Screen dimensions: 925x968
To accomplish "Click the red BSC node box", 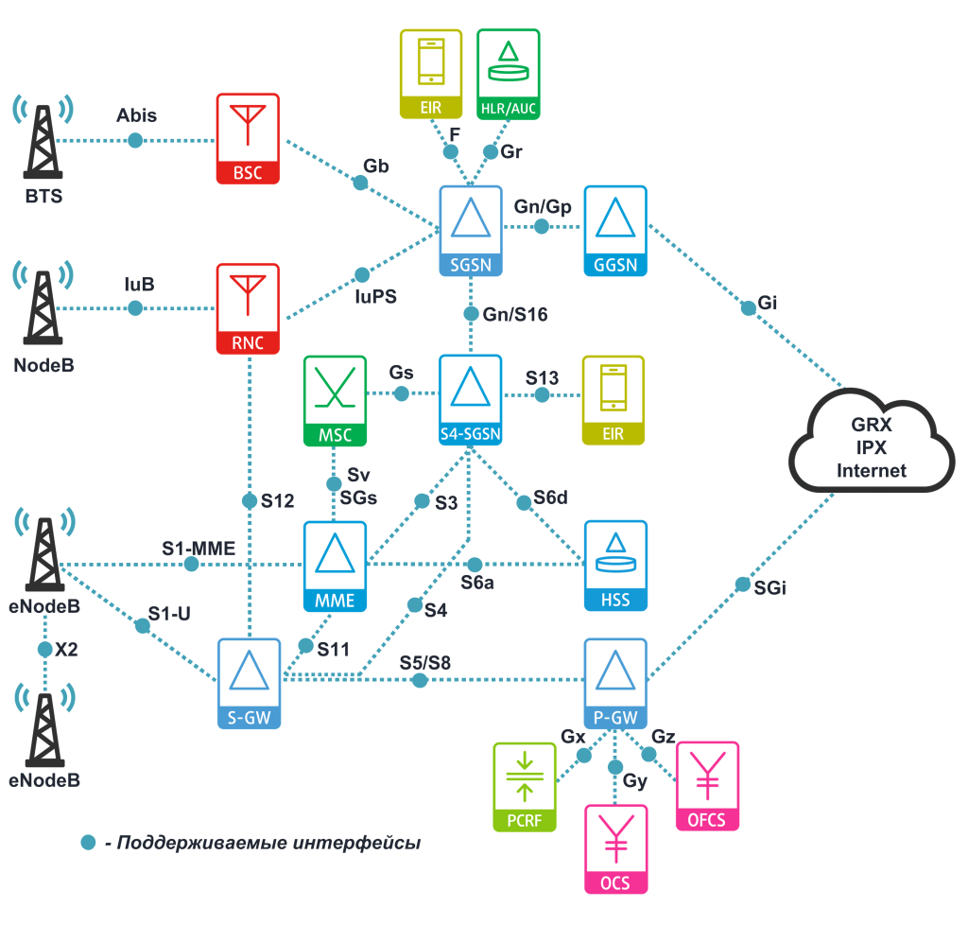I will [248, 138].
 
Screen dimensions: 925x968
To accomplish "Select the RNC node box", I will [248, 308].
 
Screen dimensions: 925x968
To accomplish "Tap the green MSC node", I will [334, 400].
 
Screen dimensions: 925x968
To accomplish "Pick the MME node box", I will [334, 565].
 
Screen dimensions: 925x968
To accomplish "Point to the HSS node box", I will [615, 565].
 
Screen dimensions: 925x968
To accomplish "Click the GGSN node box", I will [615, 231].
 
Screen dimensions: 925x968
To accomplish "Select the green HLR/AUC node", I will [509, 74].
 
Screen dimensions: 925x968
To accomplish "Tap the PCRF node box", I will [525, 787].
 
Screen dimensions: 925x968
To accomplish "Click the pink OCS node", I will [616, 848].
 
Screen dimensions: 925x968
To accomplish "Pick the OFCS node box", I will [707, 786].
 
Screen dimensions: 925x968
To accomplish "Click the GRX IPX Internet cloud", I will [871, 445].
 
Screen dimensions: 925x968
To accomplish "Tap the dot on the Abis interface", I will [135, 140].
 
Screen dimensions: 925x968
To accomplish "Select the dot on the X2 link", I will [44, 651].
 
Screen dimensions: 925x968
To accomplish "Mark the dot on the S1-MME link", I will [191, 565].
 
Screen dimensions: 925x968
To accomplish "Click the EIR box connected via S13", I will [613, 400].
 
